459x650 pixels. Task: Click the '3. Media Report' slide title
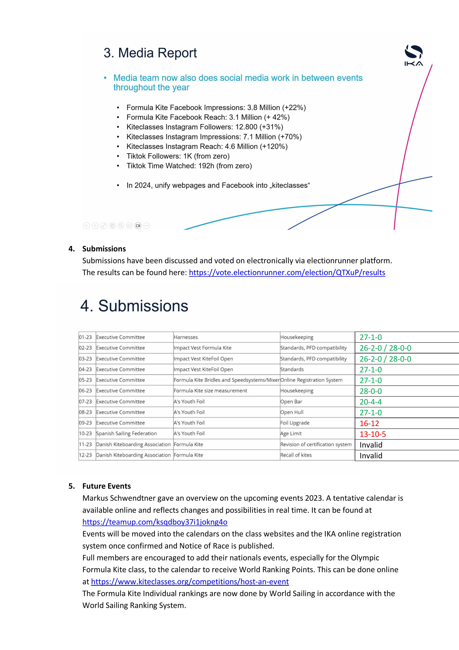click(x=150, y=53)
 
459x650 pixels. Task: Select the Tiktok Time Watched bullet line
click(x=189, y=166)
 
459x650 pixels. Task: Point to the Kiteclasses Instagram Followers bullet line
click(x=205, y=127)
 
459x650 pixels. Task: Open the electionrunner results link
click(x=287, y=273)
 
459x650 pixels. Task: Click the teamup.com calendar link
click(x=155, y=522)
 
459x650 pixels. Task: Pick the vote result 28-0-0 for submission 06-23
click(x=371, y=391)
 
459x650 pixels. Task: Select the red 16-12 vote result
click(x=369, y=423)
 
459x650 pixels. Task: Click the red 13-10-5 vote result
click(x=372, y=434)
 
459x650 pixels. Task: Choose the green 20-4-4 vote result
click(x=371, y=402)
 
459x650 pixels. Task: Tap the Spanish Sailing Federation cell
click(x=126, y=434)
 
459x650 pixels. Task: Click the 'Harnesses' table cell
click(x=186, y=337)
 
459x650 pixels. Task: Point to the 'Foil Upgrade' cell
click(x=295, y=423)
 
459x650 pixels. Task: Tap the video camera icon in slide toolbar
click(x=138, y=226)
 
